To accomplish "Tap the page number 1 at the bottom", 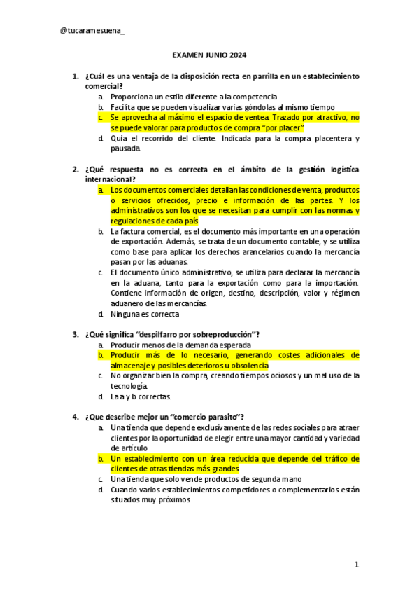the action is pos(356,565).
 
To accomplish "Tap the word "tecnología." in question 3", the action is pos(129,386).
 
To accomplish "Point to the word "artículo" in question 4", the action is pos(125,448).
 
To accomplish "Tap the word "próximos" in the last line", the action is pos(173,500).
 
